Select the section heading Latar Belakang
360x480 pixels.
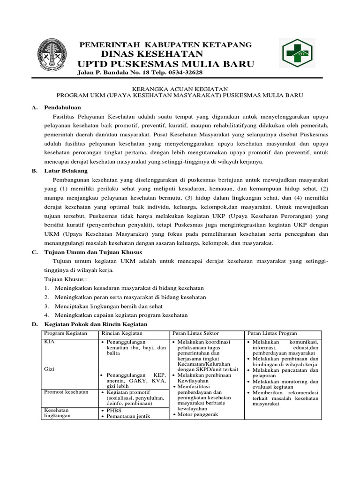66,171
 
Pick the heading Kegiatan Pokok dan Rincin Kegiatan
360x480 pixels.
96,324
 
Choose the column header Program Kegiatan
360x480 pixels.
66,333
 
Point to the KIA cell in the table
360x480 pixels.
49,342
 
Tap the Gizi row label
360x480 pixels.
49,369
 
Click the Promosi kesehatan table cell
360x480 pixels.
66,392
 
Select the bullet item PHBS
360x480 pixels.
114,410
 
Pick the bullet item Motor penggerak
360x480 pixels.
197,414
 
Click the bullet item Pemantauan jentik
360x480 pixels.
127,416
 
